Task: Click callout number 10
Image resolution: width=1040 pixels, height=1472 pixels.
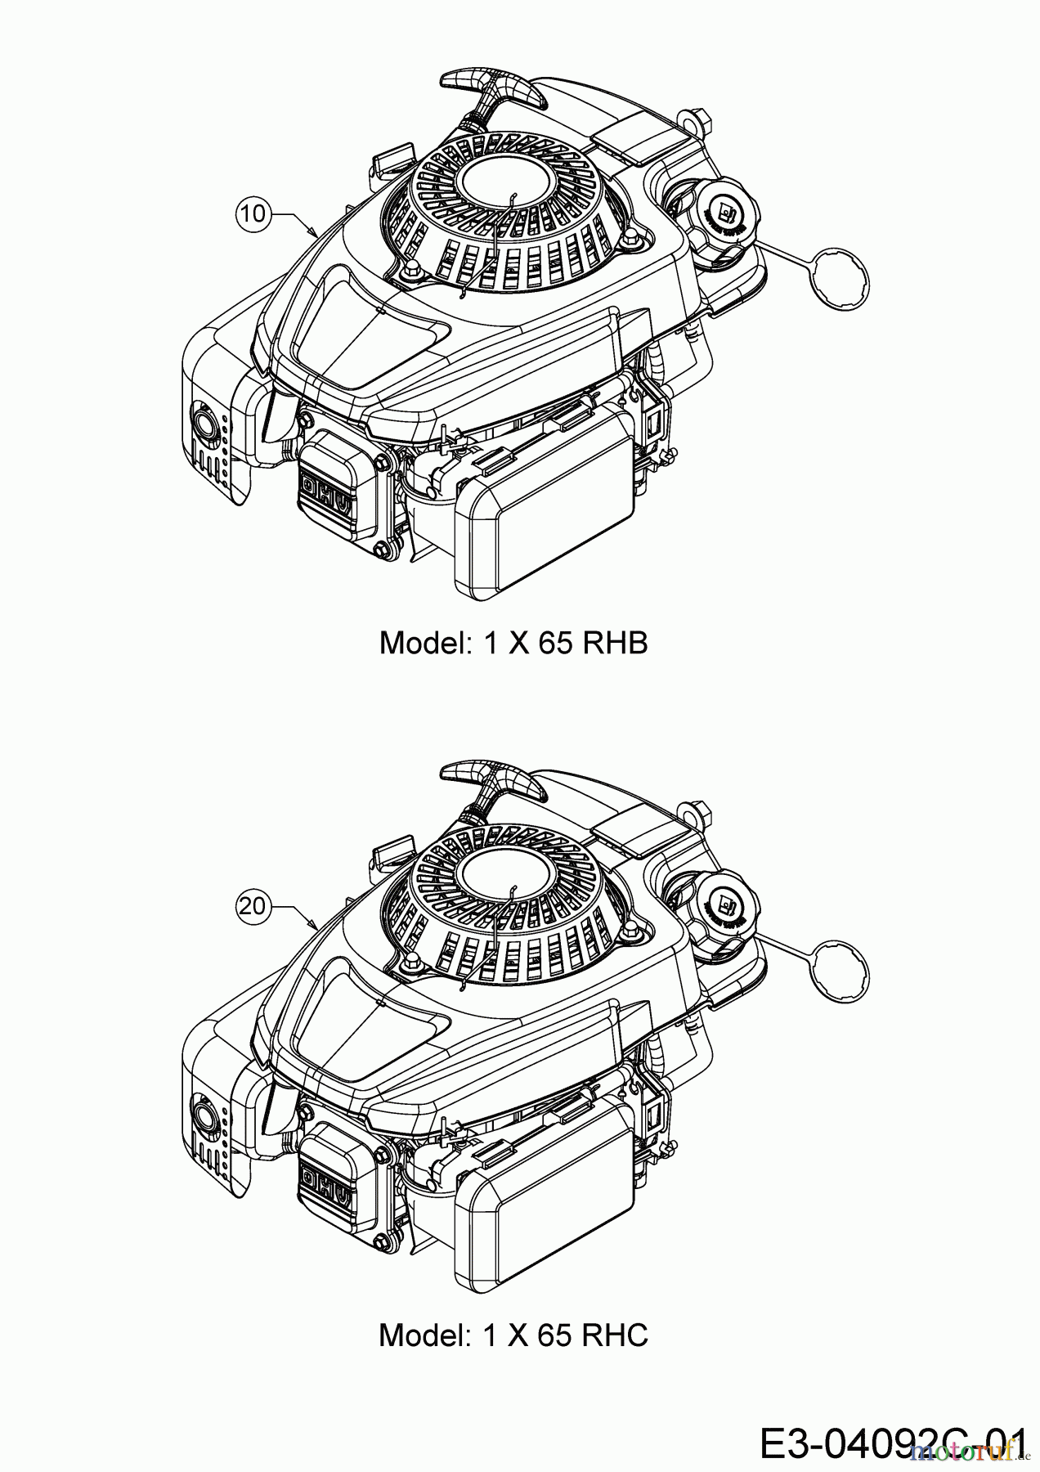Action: (x=253, y=213)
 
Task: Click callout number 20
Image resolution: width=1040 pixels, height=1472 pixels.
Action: (x=253, y=905)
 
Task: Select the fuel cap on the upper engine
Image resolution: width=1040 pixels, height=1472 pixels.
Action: (x=724, y=216)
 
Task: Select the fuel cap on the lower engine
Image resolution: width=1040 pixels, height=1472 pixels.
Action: (x=724, y=906)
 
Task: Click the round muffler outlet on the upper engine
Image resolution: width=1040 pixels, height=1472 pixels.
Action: (x=201, y=422)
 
